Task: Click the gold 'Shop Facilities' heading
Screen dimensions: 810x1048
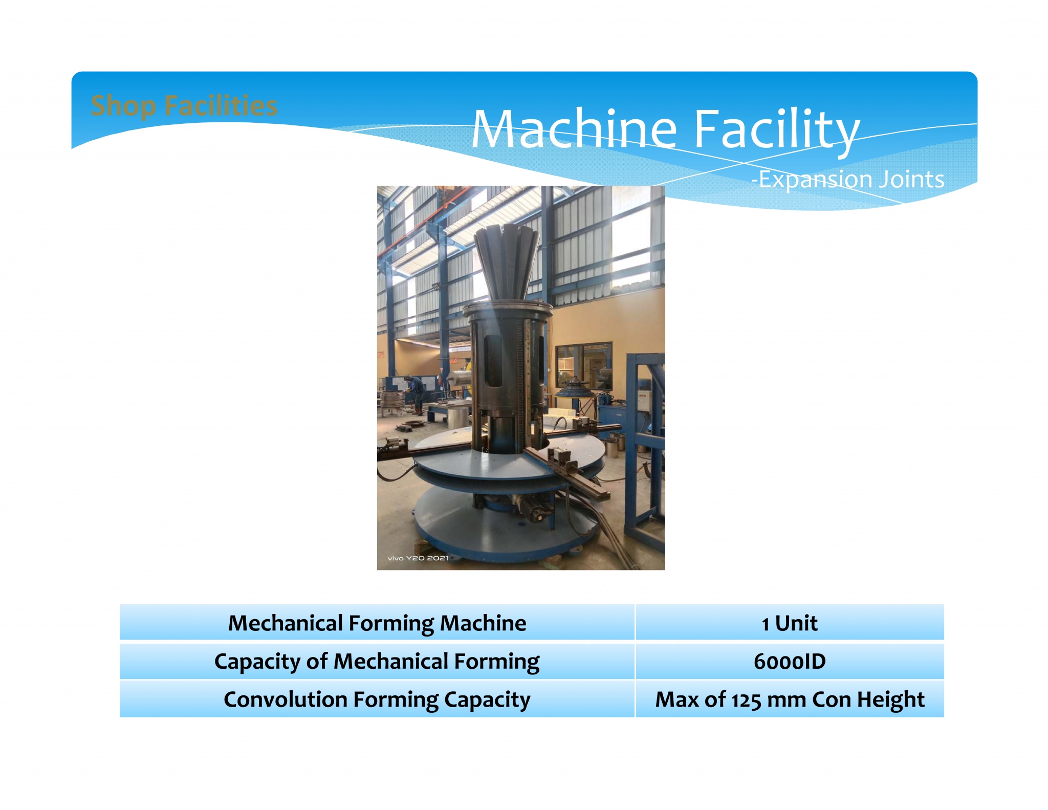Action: click(x=184, y=106)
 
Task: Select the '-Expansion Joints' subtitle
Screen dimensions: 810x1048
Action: click(x=847, y=179)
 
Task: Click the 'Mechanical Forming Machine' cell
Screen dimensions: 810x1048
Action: click(x=377, y=623)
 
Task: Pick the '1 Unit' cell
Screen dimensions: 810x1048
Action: click(x=789, y=623)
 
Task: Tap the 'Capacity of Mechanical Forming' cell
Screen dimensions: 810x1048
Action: click(x=377, y=661)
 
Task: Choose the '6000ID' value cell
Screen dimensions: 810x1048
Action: click(x=789, y=661)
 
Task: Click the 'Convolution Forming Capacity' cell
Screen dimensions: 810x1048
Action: click(x=377, y=699)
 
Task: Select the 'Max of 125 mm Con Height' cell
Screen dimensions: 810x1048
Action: click(x=789, y=699)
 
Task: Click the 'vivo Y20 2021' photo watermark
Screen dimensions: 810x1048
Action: click(x=418, y=558)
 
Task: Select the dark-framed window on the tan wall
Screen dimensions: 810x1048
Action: click(x=583, y=366)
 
